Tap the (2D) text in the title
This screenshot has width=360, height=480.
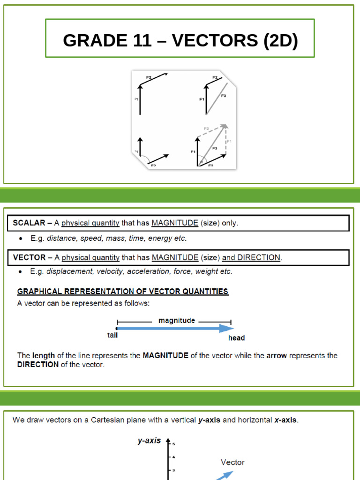tap(280, 41)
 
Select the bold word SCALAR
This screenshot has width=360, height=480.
tap(29, 223)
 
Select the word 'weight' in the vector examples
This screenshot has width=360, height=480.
tap(208, 271)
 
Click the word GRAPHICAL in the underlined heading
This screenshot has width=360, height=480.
tap(40, 291)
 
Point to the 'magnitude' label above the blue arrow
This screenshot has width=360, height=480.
tap(177, 321)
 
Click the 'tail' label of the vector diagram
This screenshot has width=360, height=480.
tap(112, 335)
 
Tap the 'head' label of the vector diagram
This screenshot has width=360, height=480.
tap(236, 337)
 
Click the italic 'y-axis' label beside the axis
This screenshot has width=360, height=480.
tap(149, 441)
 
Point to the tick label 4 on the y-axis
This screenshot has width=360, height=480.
tap(173, 457)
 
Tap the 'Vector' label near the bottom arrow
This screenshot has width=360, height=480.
tap(232, 462)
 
